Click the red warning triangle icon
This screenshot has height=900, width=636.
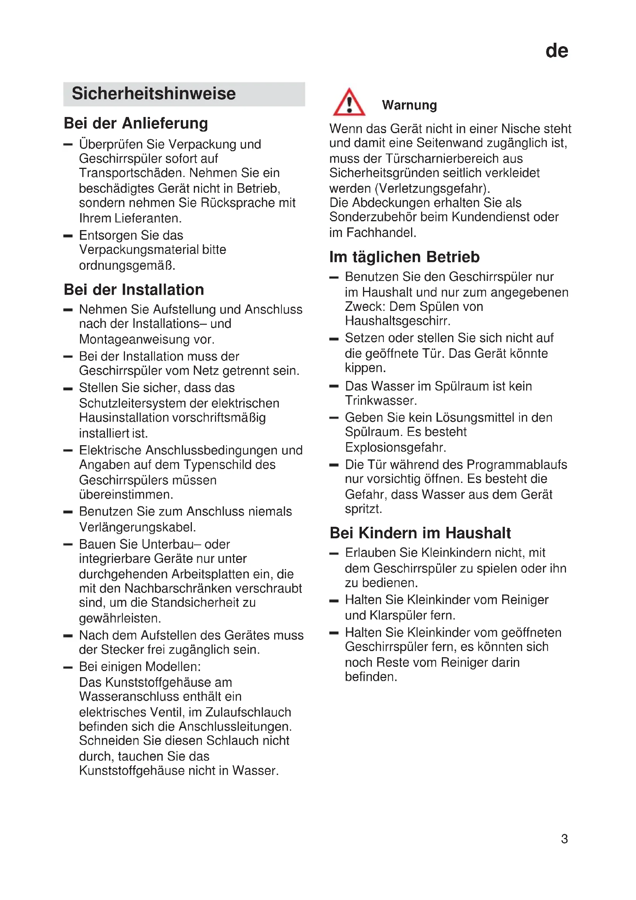click(349, 103)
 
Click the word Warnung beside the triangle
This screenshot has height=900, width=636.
click(409, 105)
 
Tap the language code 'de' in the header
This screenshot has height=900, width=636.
click(556, 51)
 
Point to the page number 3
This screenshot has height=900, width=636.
click(564, 839)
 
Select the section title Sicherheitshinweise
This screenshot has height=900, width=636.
click(153, 94)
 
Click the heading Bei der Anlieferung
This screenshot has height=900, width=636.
click(135, 123)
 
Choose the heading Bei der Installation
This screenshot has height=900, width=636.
click(133, 290)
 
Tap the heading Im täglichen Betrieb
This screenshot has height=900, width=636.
click(404, 257)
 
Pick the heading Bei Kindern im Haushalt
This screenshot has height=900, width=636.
click(420, 533)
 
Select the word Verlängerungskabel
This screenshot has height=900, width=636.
click(137, 527)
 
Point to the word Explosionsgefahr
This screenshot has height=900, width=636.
click(395, 447)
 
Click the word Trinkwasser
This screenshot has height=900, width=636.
click(381, 401)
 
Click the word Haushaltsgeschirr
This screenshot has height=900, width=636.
click(398, 321)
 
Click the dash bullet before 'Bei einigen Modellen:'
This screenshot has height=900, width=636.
click(68, 667)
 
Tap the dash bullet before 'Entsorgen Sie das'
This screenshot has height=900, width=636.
click(68, 236)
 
